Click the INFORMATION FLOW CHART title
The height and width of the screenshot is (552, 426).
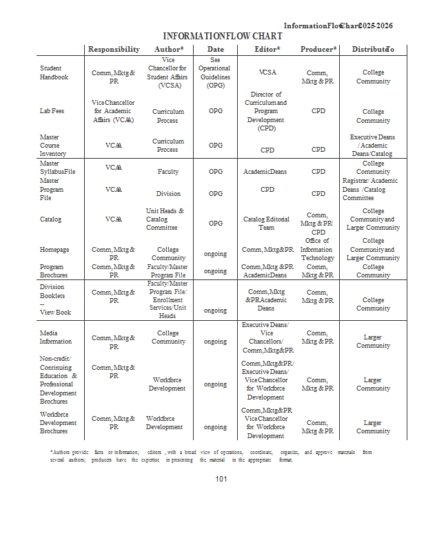pyautogui.click(x=222, y=36)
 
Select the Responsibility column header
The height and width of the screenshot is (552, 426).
pyautogui.click(x=114, y=50)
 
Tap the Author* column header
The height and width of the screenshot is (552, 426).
pyautogui.click(x=169, y=50)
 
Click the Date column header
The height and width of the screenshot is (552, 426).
pyautogui.click(x=216, y=50)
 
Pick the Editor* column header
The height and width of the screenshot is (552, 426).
pyautogui.click(x=267, y=50)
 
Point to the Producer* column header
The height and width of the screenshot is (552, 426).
pyautogui.click(x=318, y=50)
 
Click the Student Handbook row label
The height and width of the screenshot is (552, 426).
pyautogui.click(x=54, y=72)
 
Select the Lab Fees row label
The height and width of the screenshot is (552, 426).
pyautogui.click(x=52, y=110)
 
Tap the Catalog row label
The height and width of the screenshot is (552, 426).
pyautogui.click(x=50, y=219)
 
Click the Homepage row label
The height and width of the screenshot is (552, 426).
pyautogui.click(x=54, y=250)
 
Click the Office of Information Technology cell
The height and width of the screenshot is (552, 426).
pyautogui.click(x=318, y=249)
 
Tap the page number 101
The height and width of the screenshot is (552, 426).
pyautogui.click(x=221, y=479)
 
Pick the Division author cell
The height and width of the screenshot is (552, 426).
pyautogui.click(x=168, y=194)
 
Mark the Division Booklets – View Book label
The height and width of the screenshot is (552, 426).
pyautogui.click(x=55, y=299)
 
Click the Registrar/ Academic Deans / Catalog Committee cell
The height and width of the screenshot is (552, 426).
pyautogui.click(x=370, y=189)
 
